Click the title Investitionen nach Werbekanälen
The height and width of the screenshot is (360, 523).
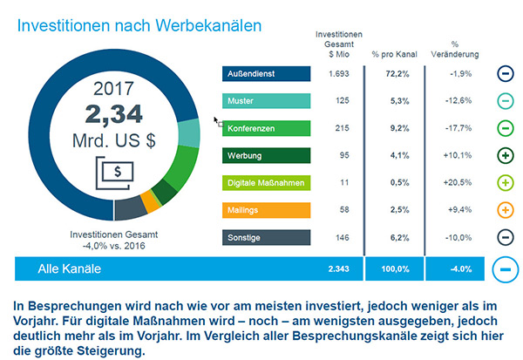pyautogui.click(x=139, y=25)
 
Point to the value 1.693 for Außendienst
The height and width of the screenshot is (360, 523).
pyautogui.click(x=339, y=74)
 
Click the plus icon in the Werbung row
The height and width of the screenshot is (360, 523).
pyautogui.click(x=505, y=156)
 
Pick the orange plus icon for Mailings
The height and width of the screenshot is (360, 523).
pyautogui.click(x=505, y=210)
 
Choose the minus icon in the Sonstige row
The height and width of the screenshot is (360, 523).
pyautogui.click(x=505, y=237)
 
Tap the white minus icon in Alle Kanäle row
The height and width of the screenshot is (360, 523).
pyautogui.click(x=504, y=269)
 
